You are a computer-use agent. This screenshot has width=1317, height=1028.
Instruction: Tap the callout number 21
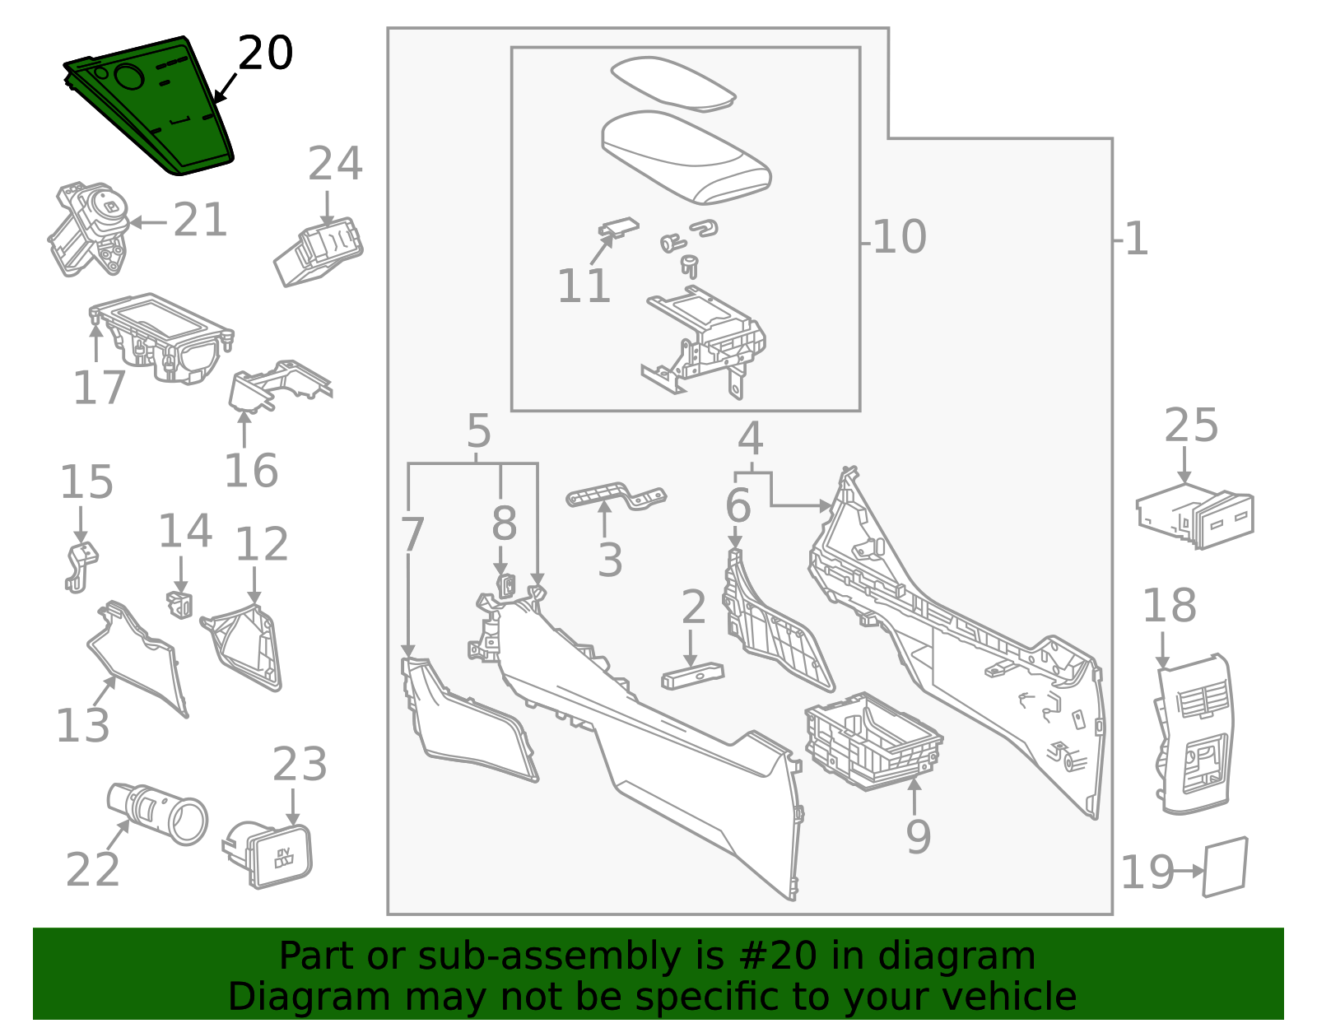(x=200, y=221)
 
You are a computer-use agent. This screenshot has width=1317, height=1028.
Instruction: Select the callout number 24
(x=335, y=165)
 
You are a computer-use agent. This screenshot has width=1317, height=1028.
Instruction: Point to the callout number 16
(x=251, y=472)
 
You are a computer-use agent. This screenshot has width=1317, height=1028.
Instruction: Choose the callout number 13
(x=82, y=726)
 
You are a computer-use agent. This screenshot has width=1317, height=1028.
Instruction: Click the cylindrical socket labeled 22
(x=156, y=813)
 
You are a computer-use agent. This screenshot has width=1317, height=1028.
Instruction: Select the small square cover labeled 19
(x=1226, y=867)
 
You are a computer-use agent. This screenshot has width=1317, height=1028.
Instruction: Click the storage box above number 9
(x=873, y=741)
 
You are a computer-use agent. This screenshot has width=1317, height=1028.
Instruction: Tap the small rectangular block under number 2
(x=692, y=677)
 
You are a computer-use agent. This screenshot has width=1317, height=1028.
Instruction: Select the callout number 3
(x=609, y=561)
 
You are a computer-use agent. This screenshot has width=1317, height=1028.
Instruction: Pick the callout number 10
(x=900, y=238)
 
